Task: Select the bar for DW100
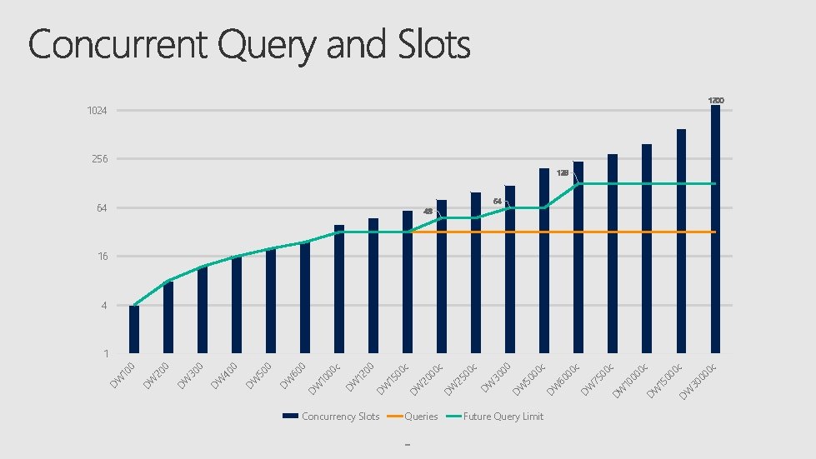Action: (134, 330)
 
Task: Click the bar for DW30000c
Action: (715, 229)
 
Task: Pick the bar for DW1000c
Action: (339, 289)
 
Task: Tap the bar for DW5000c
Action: (544, 261)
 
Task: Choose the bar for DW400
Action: (237, 305)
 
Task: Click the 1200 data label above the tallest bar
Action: (716, 101)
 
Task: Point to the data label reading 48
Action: (428, 212)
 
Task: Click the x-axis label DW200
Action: (156, 375)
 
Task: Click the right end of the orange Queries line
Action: (715, 232)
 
